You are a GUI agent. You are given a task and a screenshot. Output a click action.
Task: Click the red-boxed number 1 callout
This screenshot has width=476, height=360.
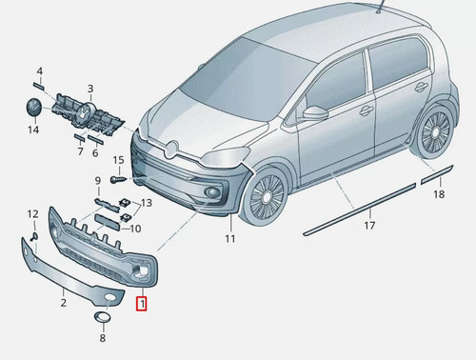(142, 304)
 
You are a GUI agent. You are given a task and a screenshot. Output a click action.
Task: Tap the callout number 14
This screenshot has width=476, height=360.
(33, 130)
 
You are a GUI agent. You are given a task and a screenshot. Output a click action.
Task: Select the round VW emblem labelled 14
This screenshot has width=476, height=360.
(34, 107)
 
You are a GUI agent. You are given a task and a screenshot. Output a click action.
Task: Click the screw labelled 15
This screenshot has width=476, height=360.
(118, 180)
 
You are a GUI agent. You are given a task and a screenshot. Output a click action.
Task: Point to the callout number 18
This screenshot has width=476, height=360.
(439, 194)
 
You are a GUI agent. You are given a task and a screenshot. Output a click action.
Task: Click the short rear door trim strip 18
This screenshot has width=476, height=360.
(437, 174)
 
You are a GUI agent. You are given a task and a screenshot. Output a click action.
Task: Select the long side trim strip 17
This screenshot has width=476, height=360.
(360, 210)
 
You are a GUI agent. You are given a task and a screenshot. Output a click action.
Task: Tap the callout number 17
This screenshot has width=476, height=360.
(369, 226)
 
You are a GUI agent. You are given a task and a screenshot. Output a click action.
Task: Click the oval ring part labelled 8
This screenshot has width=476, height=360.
(102, 317)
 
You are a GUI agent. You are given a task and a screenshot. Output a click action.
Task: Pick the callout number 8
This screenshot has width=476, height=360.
(103, 338)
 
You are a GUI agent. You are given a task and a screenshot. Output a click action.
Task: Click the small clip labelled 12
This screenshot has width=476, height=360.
(34, 237)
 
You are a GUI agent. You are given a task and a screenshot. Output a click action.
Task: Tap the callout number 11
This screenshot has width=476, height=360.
(230, 238)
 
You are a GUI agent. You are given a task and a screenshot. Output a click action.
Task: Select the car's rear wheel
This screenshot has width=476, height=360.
(434, 132)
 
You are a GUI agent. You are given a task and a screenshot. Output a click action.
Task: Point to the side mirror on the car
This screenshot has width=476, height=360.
(315, 112)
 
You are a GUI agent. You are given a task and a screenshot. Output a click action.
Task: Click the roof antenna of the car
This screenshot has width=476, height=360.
(380, 7)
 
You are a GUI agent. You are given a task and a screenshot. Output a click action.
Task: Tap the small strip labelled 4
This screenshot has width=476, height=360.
(39, 86)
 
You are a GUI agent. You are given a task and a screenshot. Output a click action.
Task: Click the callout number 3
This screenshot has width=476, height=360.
(90, 89)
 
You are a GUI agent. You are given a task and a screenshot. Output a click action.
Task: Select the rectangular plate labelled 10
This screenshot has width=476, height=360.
(108, 222)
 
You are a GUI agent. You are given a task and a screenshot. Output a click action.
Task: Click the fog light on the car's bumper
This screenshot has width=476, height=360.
(210, 191)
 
